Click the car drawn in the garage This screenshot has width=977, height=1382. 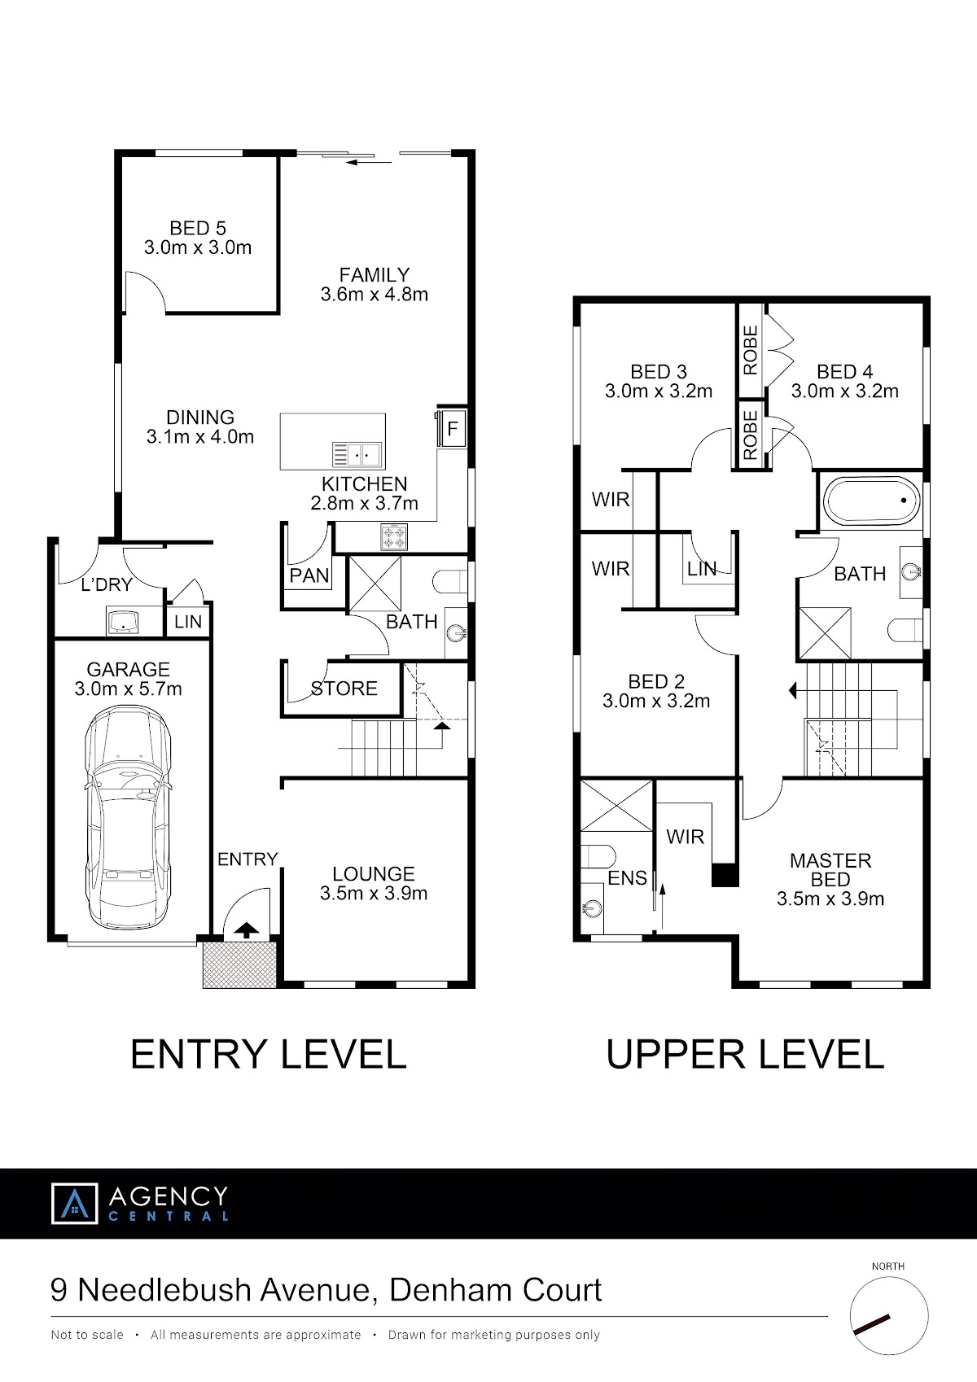tap(128, 817)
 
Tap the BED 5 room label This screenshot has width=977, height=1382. tap(198, 228)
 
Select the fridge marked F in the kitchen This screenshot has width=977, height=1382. tap(452, 427)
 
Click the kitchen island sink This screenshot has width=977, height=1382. tap(357, 455)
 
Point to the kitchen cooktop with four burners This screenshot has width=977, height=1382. tap(394, 536)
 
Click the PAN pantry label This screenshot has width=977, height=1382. tap(309, 575)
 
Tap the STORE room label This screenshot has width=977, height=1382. tap(344, 688)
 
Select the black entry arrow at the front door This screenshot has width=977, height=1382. tap(246, 929)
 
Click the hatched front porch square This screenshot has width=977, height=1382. tap(239, 964)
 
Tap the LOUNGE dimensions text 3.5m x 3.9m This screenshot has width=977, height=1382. tap(374, 893)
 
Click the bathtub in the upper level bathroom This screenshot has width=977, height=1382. tap(870, 501)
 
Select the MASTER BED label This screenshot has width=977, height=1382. tap(830, 870)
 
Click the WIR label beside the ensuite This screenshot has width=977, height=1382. tap(685, 837)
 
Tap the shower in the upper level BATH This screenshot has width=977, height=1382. tap(825, 634)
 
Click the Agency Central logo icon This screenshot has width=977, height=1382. tap(74, 1203)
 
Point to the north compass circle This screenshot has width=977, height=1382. tap(889, 1316)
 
